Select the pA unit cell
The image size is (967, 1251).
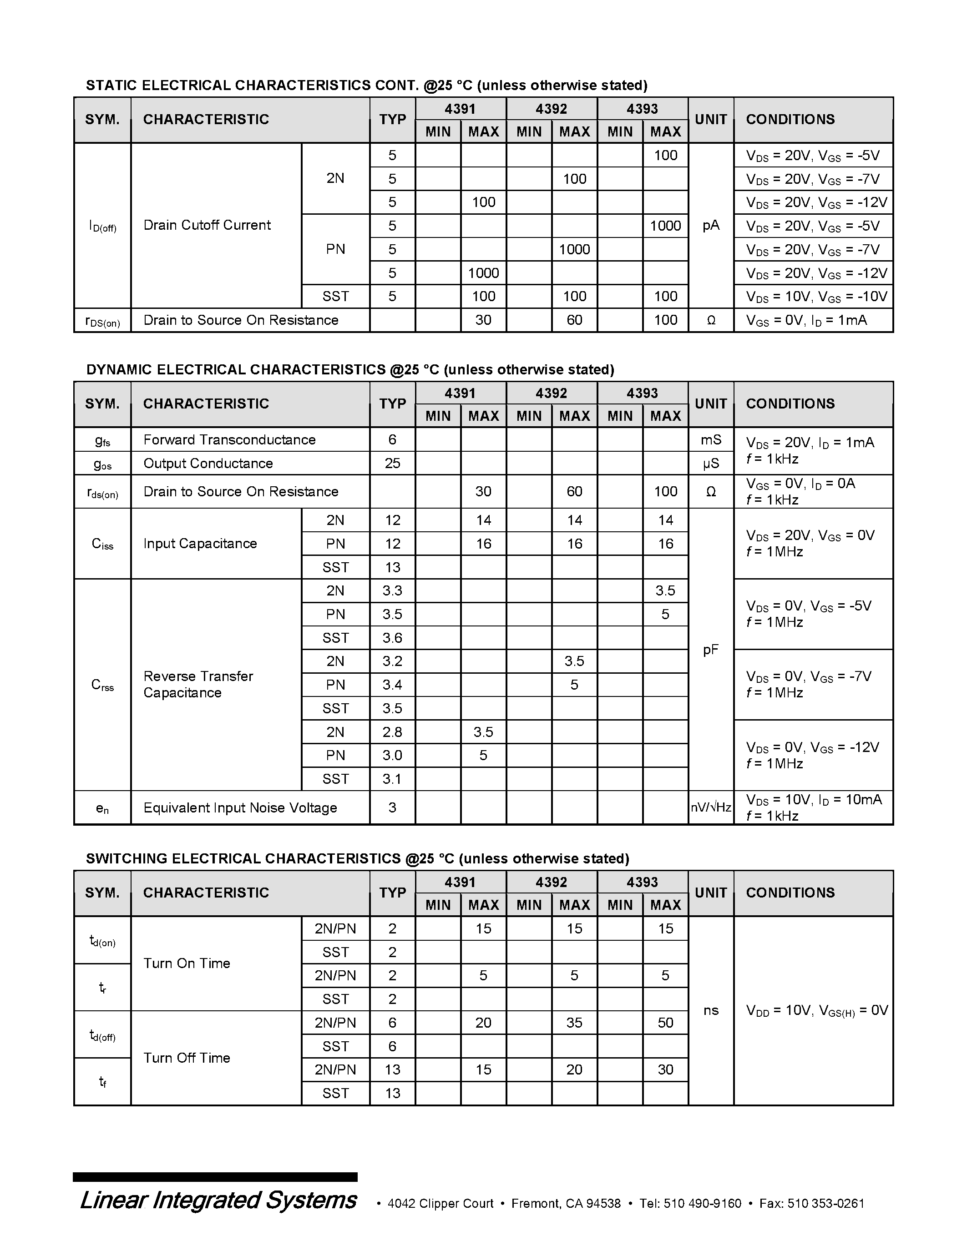[x=710, y=226]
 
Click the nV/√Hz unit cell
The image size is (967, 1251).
[x=710, y=807]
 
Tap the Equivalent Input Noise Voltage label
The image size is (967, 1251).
[x=240, y=807]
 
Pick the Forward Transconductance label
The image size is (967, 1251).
[x=229, y=439]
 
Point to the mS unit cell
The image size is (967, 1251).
[x=710, y=439]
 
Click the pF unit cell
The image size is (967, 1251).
[x=710, y=650]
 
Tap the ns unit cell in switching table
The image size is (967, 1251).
[x=710, y=1010]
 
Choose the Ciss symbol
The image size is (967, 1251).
[x=102, y=544]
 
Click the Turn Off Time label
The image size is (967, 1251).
[x=187, y=1057]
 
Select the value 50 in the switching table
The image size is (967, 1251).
[x=665, y=1023]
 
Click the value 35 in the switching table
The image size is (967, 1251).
[x=574, y=1023]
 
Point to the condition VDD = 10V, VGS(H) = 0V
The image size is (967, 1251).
[x=816, y=1010]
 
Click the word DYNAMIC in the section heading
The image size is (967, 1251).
[x=119, y=369]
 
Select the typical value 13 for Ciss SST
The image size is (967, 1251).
[x=392, y=567]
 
